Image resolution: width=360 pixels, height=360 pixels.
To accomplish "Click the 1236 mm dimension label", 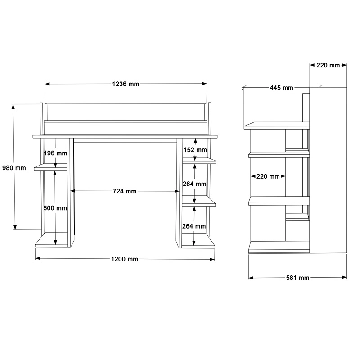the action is pyautogui.click(x=126, y=84).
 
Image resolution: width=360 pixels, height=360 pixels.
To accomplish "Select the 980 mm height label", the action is pyautogui.click(x=14, y=168).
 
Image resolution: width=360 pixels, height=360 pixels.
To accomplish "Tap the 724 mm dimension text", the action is pyautogui.click(x=125, y=191).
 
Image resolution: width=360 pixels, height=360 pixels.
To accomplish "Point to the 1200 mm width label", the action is pyautogui.click(x=125, y=259).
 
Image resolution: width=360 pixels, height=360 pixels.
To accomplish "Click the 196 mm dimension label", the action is pyautogui.click(x=55, y=153).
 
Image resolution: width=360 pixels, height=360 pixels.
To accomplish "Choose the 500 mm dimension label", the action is pyautogui.click(x=55, y=208).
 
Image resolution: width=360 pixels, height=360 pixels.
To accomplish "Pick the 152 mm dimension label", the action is pyautogui.click(x=195, y=150).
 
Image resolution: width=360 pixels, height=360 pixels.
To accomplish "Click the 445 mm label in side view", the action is pyautogui.click(x=282, y=88).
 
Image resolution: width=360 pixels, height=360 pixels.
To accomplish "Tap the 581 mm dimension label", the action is pyautogui.click(x=297, y=278).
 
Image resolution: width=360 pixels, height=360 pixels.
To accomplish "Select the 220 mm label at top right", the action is pyautogui.click(x=328, y=65).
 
